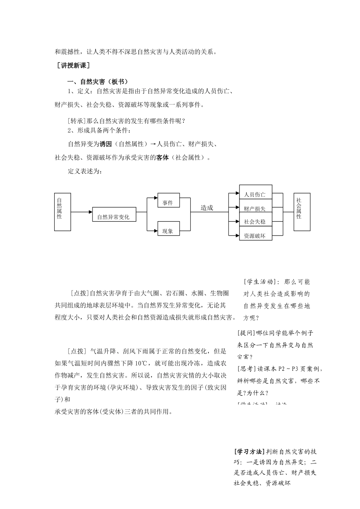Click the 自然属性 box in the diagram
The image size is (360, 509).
[63, 212]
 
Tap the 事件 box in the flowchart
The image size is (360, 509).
[168, 202]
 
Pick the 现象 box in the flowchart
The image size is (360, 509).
[168, 230]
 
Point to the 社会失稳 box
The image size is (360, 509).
[255, 221]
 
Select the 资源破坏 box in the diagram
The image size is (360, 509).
[255, 235]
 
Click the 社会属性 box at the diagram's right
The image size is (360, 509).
[302, 212]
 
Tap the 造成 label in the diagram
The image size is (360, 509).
[207, 208]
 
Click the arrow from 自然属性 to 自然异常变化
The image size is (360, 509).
[81, 212]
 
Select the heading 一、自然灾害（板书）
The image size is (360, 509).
[98, 82]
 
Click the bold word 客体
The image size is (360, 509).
[162, 158]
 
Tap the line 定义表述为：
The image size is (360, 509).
[85, 172]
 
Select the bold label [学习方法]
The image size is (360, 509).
[249, 452]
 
